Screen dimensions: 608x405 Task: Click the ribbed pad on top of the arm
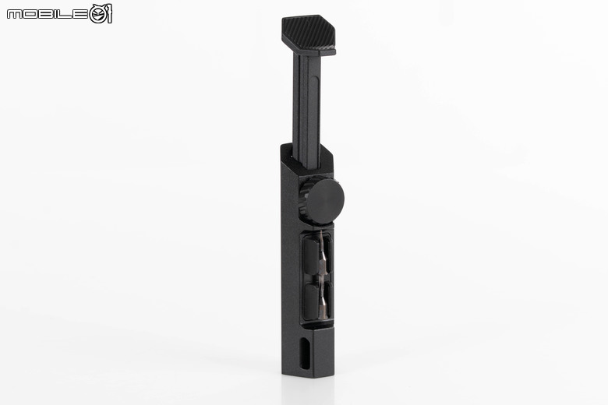(x=308, y=33)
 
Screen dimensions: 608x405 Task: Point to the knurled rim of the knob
(x=303, y=199)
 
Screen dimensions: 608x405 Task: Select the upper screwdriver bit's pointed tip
(x=321, y=233)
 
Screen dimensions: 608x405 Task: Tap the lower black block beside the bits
(x=311, y=301)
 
